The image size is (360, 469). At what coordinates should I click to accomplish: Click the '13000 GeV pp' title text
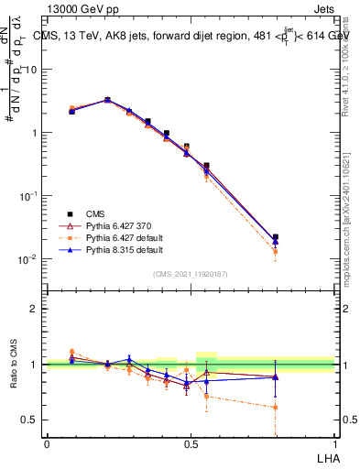[82, 8]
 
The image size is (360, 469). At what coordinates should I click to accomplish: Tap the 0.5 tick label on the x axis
[191, 443]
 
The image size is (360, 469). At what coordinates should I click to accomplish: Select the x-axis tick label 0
[47, 443]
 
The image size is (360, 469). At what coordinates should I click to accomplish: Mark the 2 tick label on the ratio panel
[34, 309]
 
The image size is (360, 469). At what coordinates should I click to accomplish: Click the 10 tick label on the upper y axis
[30, 70]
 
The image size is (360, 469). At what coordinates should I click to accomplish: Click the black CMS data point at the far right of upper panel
[275, 237]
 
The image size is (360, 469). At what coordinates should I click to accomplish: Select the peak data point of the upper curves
[107, 100]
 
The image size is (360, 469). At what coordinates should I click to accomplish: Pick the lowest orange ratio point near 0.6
[275, 407]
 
